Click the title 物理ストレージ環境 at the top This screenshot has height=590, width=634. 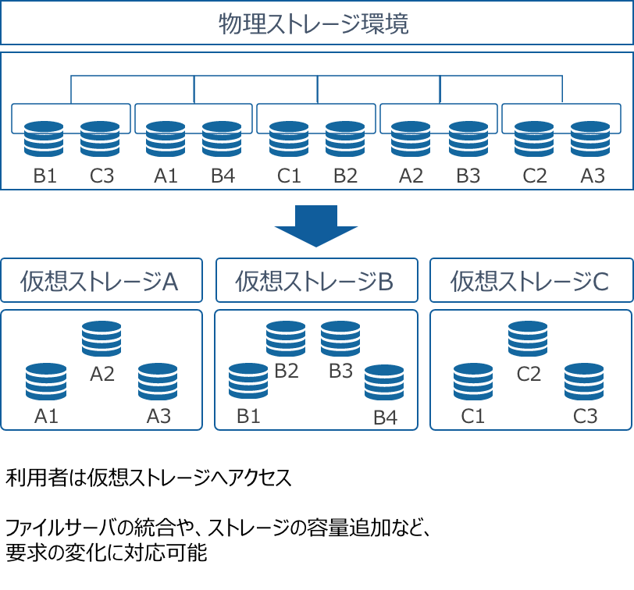pos(316,23)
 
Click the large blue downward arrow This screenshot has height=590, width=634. pos(316,226)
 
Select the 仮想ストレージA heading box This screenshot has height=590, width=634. pos(102,281)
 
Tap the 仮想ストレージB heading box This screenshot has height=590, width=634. pos(316,281)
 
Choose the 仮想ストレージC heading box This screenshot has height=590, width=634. pos(531,281)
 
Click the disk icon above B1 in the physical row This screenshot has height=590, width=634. pos(44,139)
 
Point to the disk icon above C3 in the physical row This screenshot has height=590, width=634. pos(100,139)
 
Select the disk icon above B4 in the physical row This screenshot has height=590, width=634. pos(222,139)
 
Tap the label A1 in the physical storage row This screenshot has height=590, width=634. pos(166,176)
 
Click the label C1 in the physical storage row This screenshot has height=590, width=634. pos(289,176)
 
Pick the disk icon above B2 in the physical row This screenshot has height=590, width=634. pos(345,139)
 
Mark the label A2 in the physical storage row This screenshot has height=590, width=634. pos(411,176)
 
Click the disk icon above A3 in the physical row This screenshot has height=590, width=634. pos(590,139)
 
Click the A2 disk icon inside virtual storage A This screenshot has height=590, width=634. pos(102,339)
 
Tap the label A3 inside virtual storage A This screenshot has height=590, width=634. pos(158,416)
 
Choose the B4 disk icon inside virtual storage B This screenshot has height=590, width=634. pos(384,382)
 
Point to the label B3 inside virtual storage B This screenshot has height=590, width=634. pos(340,371)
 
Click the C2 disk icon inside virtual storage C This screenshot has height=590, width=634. pos(528,339)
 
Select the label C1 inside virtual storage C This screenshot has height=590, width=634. pos(473,416)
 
